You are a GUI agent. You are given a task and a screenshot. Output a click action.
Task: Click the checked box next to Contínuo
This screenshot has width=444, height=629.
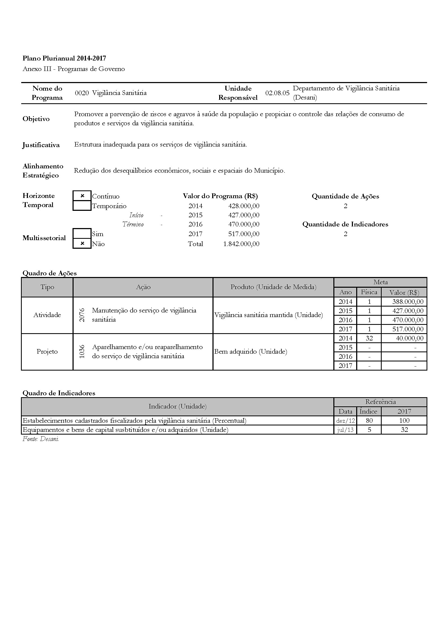click(82, 196)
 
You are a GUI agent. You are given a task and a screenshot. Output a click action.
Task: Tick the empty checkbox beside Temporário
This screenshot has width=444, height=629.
click(82, 206)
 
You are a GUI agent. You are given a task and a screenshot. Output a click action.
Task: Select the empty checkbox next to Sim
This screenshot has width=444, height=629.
click(82, 234)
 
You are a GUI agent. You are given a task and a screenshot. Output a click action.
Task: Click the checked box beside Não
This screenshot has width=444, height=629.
click(82, 244)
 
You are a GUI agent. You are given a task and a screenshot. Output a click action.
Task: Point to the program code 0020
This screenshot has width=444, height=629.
click(82, 93)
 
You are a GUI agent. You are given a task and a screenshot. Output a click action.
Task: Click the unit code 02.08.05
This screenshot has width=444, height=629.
click(277, 93)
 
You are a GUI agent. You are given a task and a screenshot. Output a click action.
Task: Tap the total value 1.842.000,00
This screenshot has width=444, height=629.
click(241, 244)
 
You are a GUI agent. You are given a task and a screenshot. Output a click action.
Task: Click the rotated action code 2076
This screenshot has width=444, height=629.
click(82, 315)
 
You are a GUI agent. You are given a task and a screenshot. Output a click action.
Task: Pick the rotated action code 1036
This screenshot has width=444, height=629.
click(82, 351)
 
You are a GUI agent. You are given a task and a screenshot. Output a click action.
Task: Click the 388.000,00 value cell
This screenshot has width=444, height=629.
click(408, 302)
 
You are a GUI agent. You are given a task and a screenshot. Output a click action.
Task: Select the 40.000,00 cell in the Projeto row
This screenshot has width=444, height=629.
click(410, 338)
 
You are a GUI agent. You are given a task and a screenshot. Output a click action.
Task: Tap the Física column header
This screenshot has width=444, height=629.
click(369, 292)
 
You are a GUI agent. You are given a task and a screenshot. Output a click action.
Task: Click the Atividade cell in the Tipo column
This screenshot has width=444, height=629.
click(47, 315)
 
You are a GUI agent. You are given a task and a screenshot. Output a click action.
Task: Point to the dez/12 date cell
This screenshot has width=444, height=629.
click(345, 421)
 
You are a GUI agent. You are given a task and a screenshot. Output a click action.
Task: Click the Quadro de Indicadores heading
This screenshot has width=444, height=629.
click(59, 393)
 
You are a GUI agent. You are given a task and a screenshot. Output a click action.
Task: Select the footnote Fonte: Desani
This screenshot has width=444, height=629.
click(41, 439)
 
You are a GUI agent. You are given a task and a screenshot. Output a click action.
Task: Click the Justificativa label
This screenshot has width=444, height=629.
click(41, 145)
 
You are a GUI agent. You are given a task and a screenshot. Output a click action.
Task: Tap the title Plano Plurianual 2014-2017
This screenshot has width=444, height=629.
click(64, 58)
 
